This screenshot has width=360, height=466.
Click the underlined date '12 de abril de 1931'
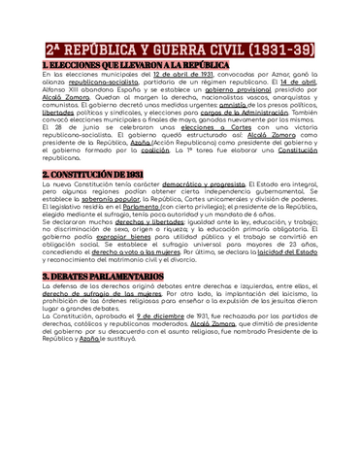(x=180, y=75)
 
